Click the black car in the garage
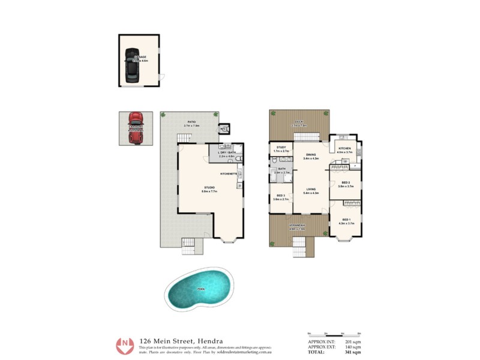[131, 64]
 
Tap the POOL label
[200, 290]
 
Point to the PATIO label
[192, 122]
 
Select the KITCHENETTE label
[228, 173]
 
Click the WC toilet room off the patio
[223, 128]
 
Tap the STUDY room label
[281, 147]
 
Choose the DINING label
[311, 154]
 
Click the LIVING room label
[311, 189]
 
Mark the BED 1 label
[346, 220]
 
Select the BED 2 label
[346, 182]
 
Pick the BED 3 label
[280, 196]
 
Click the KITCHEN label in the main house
[344, 148]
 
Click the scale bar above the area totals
[332, 333]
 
